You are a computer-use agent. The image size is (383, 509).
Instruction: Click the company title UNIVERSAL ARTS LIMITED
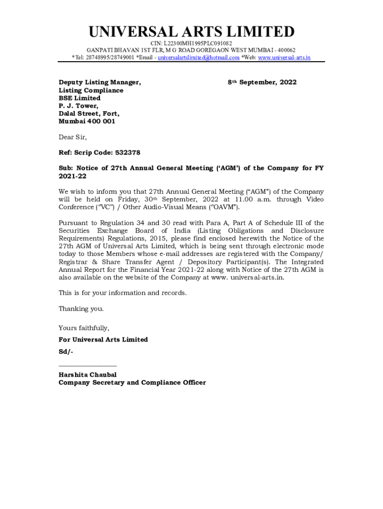click(x=191, y=32)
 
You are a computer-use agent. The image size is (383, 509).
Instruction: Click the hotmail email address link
click(x=199, y=58)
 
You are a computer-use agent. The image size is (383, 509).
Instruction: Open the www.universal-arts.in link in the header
click(x=284, y=58)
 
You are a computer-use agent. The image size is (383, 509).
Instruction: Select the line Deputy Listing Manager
click(x=99, y=83)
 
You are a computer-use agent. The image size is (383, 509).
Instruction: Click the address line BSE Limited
click(x=80, y=98)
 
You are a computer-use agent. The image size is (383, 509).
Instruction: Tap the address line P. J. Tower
click(x=79, y=106)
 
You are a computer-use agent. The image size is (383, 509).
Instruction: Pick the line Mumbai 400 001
click(x=87, y=121)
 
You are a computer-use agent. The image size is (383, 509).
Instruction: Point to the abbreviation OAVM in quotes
click(x=225, y=207)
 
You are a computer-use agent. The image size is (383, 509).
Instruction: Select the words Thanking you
click(x=81, y=309)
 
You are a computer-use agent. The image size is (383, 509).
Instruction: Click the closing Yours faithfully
click(x=84, y=328)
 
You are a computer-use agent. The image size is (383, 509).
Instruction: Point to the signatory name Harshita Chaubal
click(x=88, y=375)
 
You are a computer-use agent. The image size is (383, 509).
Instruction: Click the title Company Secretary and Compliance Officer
click(x=132, y=383)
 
